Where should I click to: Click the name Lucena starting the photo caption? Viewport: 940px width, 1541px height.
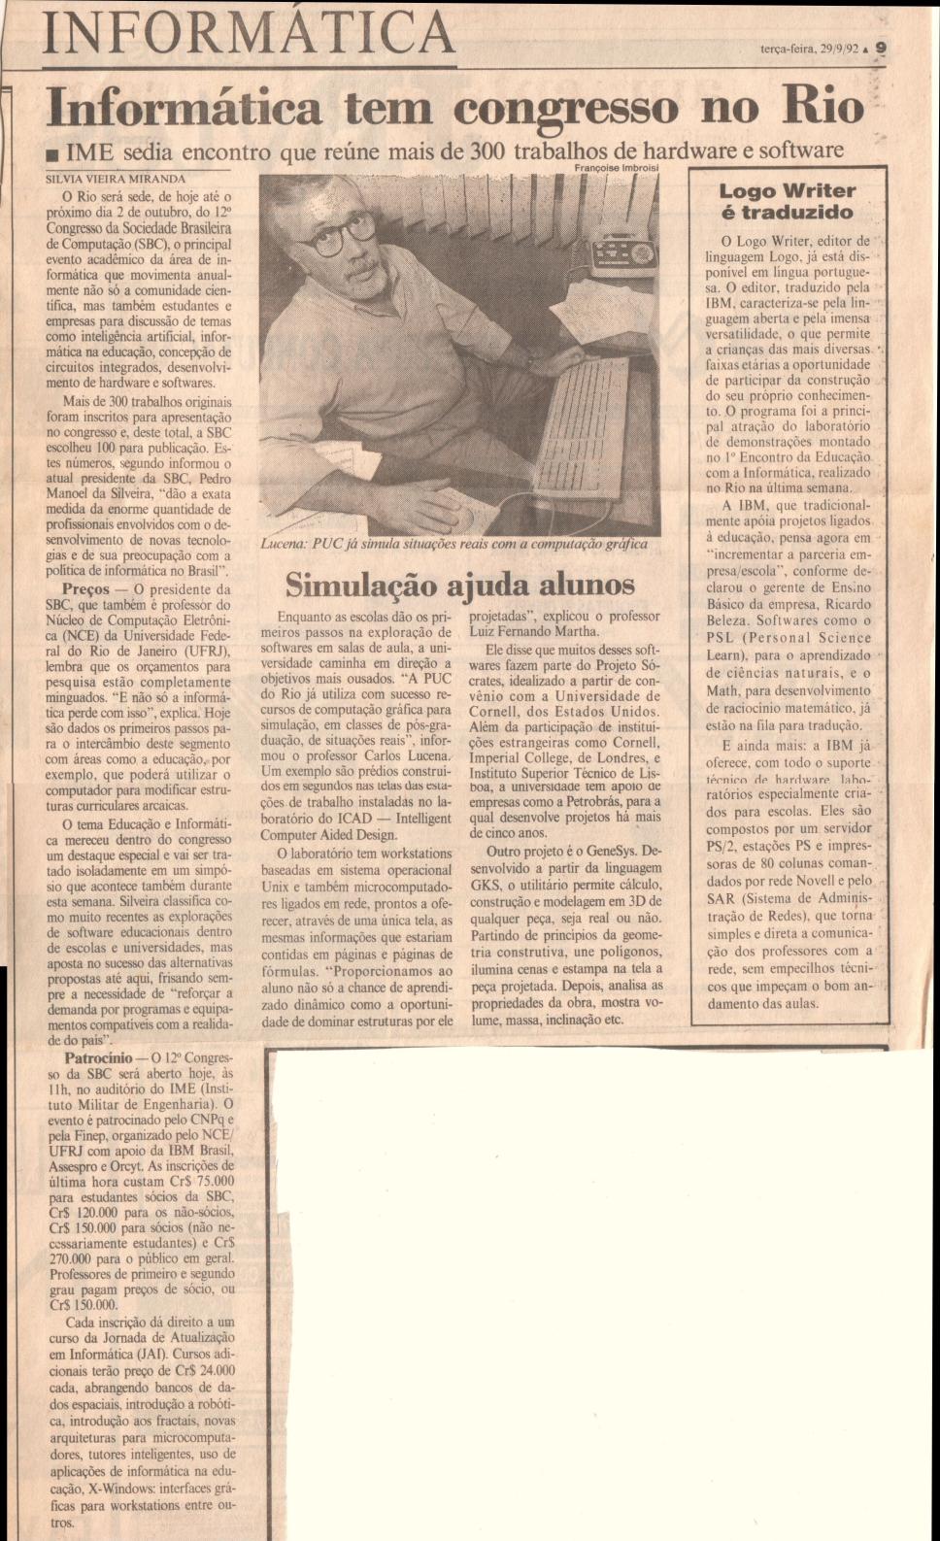coord(285,544)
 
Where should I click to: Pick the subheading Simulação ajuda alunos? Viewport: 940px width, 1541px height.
coord(459,585)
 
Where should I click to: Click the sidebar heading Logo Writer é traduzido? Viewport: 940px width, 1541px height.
coord(787,201)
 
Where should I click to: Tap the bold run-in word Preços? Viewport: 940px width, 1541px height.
coord(84,588)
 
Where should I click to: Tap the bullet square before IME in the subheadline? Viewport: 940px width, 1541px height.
coord(62,153)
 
